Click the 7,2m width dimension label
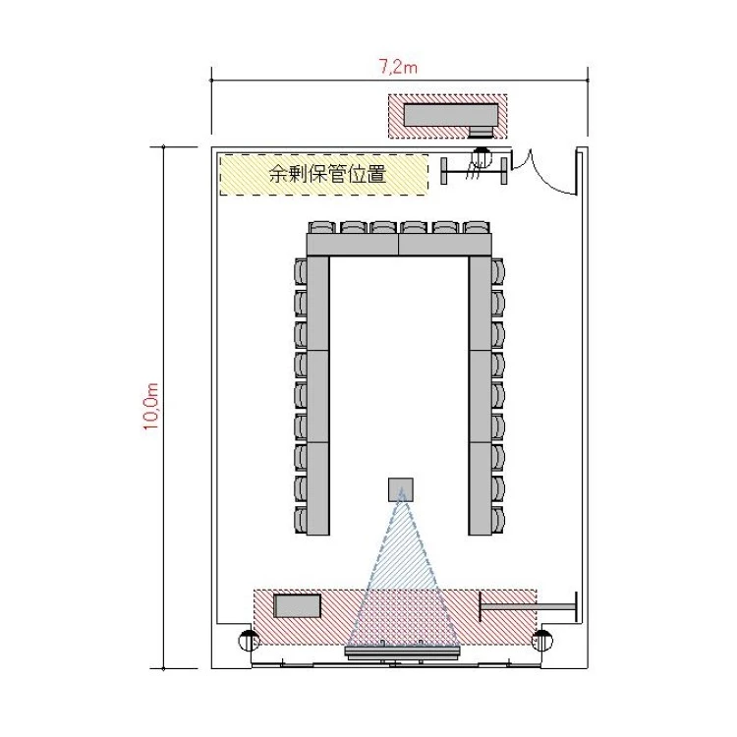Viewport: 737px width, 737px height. click(398, 67)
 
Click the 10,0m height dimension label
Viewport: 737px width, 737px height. click(151, 406)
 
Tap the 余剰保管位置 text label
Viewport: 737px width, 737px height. click(327, 174)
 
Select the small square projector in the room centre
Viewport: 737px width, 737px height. click(401, 489)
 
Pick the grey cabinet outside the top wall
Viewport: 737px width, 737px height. click(451, 116)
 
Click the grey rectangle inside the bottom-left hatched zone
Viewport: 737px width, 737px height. click(298, 606)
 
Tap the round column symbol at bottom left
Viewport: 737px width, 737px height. click(249, 640)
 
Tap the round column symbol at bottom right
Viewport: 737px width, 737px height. click(541, 640)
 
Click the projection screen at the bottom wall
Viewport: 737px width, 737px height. click(402, 652)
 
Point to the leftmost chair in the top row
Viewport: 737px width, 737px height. click(322, 228)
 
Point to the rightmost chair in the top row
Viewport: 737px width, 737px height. click(477, 228)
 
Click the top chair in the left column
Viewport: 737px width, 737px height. click(301, 271)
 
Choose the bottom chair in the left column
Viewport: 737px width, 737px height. click(301, 520)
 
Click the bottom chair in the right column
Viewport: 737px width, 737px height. click(498, 520)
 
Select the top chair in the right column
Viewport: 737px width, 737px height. click(498, 271)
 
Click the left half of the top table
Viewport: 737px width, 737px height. click(353, 245)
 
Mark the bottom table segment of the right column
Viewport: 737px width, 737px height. click(480, 488)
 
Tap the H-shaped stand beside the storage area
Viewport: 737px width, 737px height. click(474, 171)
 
